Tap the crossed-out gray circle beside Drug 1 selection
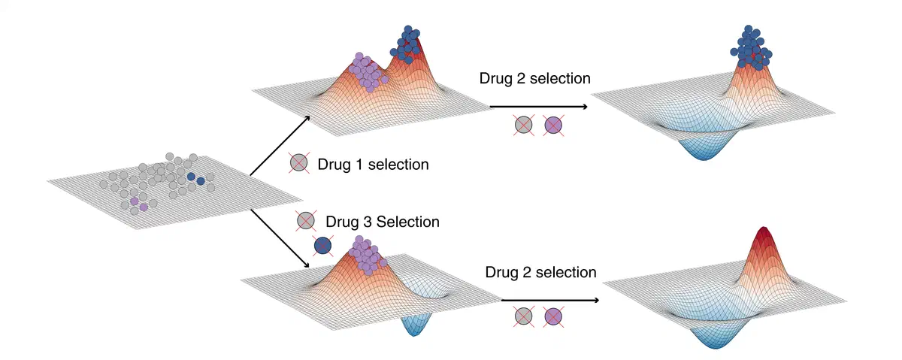tap(298, 162)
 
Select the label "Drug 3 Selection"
tap(382, 222)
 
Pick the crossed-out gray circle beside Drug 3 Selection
tap(305, 221)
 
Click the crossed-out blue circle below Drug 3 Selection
tap(323, 245)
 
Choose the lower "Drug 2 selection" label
tap(540, 271)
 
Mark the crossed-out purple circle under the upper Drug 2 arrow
tap(554, 125)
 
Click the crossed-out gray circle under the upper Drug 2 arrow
tap(525, 125)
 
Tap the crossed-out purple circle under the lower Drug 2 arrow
tap(554, 317)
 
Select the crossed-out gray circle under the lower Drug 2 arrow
tap(524, 317)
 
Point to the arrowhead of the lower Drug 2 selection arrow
tap(595, 300)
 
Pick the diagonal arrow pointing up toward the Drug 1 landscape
tap(281, 146)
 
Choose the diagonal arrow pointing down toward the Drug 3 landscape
tap(281, 239)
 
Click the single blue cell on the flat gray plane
tap(191, 178)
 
